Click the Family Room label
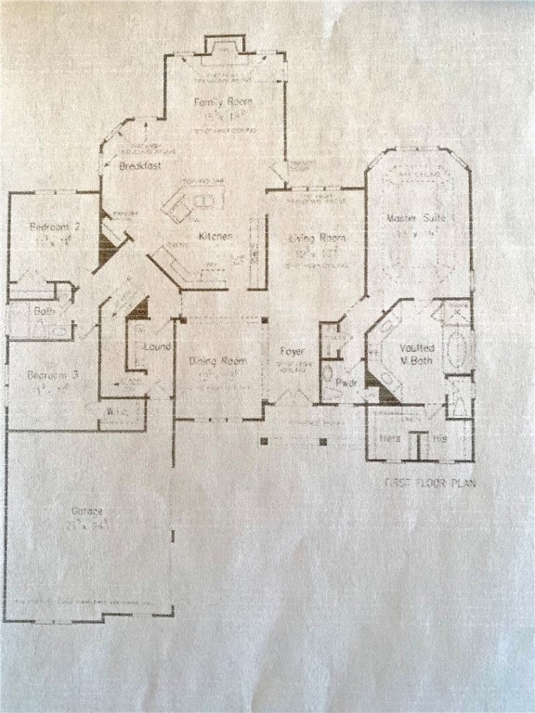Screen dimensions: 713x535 point(224,101)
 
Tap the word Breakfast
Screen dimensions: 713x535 point(140,166)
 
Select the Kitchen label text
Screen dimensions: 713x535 point(215,238)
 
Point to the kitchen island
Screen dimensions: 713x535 point(193,201)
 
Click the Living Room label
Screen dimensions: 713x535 point(317,239)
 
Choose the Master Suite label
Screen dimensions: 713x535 point(418,218)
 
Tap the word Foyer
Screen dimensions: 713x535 point(294,352)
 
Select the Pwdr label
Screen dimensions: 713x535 point(346,382)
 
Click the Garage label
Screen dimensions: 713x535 point(89,512)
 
